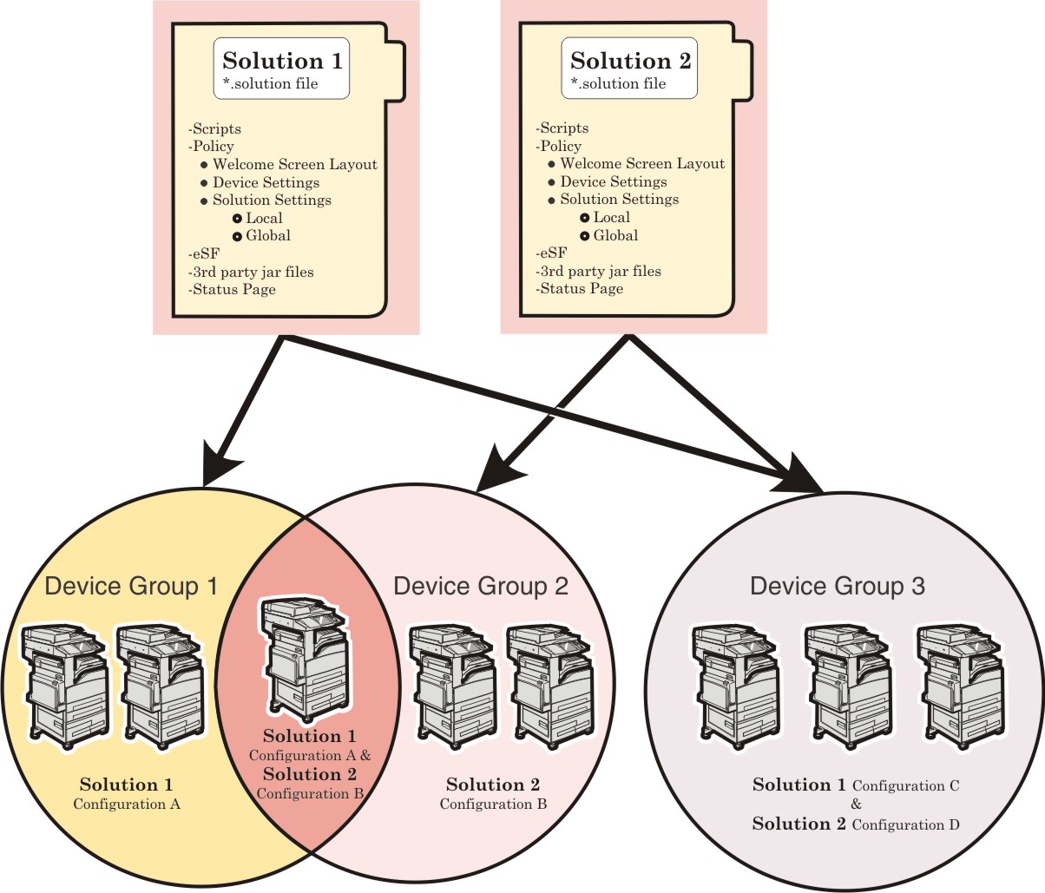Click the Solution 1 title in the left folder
point(282,61)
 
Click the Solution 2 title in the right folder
point(630,61)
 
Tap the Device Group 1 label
point(131,587)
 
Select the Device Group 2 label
point(481,587)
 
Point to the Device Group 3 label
point(838,587)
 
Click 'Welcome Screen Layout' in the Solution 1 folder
point(295,164)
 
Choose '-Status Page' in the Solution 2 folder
point(580,289)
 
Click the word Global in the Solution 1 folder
point(268,236)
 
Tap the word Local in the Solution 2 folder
point(612,218)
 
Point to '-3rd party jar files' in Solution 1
point(251,272)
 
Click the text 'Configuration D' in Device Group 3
point(905,824)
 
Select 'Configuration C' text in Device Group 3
point(905,786)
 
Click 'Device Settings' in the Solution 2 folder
point(614,182)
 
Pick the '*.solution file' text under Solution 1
point(270,84)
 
